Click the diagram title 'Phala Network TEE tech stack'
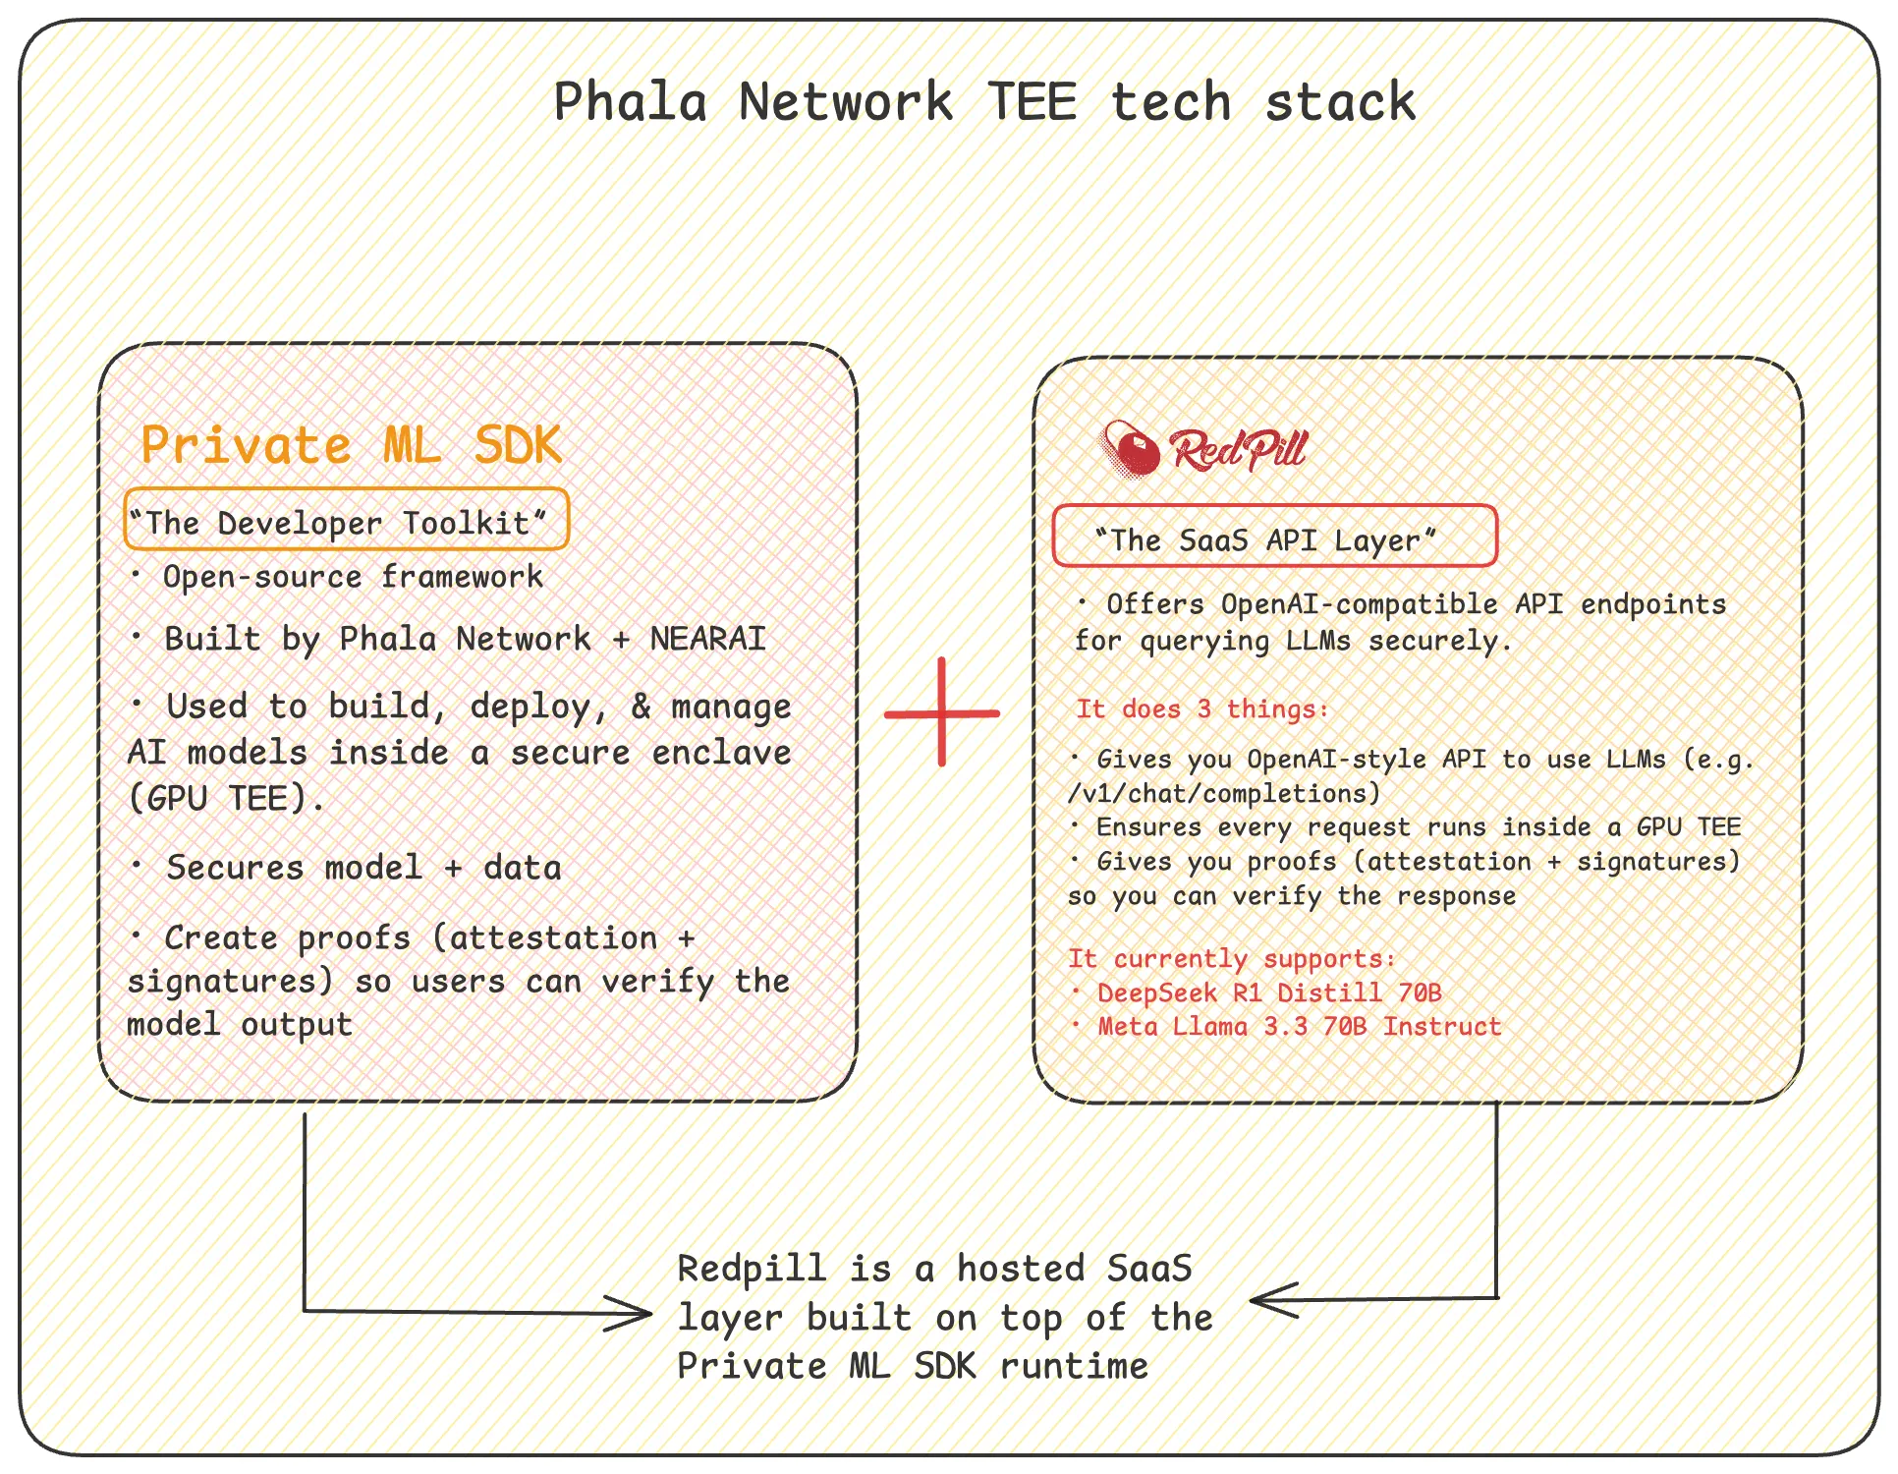[984, 102]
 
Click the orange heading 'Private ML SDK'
[351, 445]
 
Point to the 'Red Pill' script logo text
[1238, 450]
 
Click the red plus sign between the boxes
[942, 712]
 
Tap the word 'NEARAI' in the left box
[708, 639]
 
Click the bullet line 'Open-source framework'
[338, 577]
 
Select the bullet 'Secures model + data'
[347, 868]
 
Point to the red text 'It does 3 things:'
[1202, 709]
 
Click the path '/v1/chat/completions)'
[1224, 793]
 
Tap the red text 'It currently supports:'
[1232, 958]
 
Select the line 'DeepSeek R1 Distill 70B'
[1256, 992]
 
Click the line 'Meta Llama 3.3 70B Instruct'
[1287, 1027]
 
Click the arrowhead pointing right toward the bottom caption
[629, 1313]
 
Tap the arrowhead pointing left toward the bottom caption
[1274, 1300]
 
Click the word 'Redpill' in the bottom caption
[752, 1269]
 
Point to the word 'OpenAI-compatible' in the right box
[1359, 604]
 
